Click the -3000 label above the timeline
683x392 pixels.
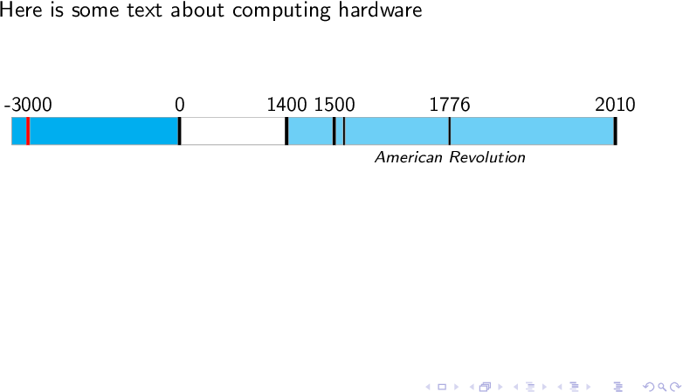pyautogui.click(x=28, y=105)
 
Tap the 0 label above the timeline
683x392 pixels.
pyautogui.click(x=180, y=105)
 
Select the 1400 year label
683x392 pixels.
pyautogui.click(x=286, y=105)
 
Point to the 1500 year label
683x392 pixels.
pyautogui.click(x=335, y=105)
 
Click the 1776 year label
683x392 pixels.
pyautogui.click(x=450, y=105)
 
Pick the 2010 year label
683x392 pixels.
pyautogui.click(x=615, y=105)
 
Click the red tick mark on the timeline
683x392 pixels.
pyautogui.click(x=28, y=131)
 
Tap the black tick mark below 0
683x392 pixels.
pyautogui.click(x=179, y=131)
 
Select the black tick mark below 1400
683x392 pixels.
pyautogui.click(x=286, y=131)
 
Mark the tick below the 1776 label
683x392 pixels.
pyautogui.click(x=449, y=131)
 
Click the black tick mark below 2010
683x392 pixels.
pyautogui.click(x=615, y=131)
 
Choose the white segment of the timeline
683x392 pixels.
pyautogui.click(x=232, y=131)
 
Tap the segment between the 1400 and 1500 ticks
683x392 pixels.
pyautogui.click(x=310, y=131)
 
